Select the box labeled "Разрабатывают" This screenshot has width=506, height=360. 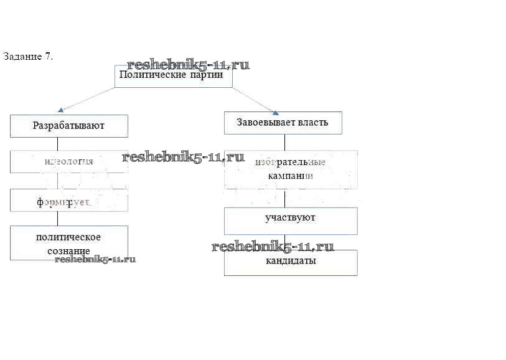pos(68,126)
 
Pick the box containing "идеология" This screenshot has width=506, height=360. pos(68,161)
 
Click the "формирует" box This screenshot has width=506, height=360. pos(68,201)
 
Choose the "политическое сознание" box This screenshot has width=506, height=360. pos(68,242)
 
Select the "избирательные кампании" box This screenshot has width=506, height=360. pos(290,169)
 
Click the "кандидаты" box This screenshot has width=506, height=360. pos(290,262)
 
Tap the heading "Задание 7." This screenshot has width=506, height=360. pos(28,56)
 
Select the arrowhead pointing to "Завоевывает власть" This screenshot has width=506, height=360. pos(274,112)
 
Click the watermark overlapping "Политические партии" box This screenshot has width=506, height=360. pos(188,65)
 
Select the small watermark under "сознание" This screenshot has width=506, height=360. pos(95,259)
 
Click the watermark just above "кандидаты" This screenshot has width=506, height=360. pos(273,247)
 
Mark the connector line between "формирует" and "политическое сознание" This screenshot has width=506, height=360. pos(57,218)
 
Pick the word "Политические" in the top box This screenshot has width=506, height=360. pos(152,75)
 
